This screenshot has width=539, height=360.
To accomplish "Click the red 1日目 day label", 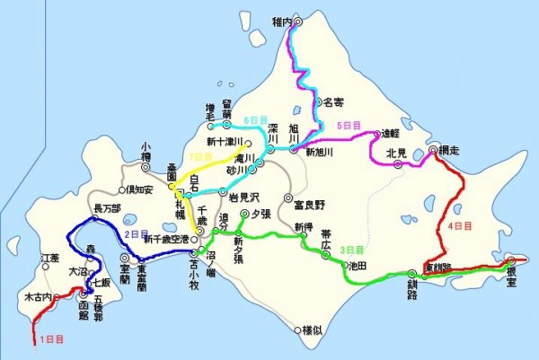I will click(x=53, y=339).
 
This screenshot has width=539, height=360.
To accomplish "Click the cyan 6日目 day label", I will click(x=257, y=119).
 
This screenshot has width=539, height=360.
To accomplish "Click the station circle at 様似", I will click(x=296, y=331).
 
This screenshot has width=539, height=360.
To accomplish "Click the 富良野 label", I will click(x=310, y=205).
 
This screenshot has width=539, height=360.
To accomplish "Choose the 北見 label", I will click(x=396, y=153).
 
